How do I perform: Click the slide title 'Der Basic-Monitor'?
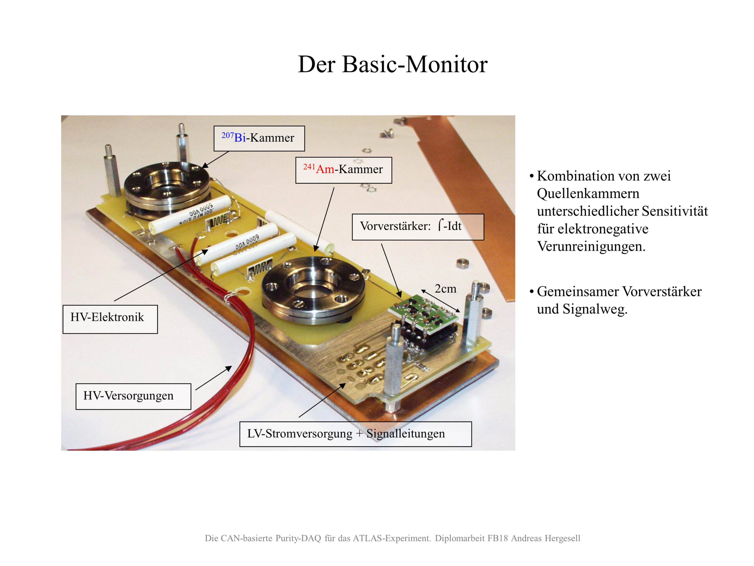(392, 64)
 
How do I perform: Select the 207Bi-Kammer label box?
(259, 138)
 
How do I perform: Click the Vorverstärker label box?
(418, 226)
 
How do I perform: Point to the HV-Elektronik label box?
(110, 319)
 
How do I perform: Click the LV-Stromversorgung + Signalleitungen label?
(355, 434)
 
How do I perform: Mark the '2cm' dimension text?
(445, 289)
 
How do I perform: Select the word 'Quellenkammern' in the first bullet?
(588, 194)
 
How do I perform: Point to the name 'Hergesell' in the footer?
(563, 538)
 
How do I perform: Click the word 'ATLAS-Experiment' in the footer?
(392, 538)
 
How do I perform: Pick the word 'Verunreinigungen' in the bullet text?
(591, 246)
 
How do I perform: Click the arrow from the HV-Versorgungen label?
(213, 378)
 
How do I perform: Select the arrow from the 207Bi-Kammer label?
(215, 160)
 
